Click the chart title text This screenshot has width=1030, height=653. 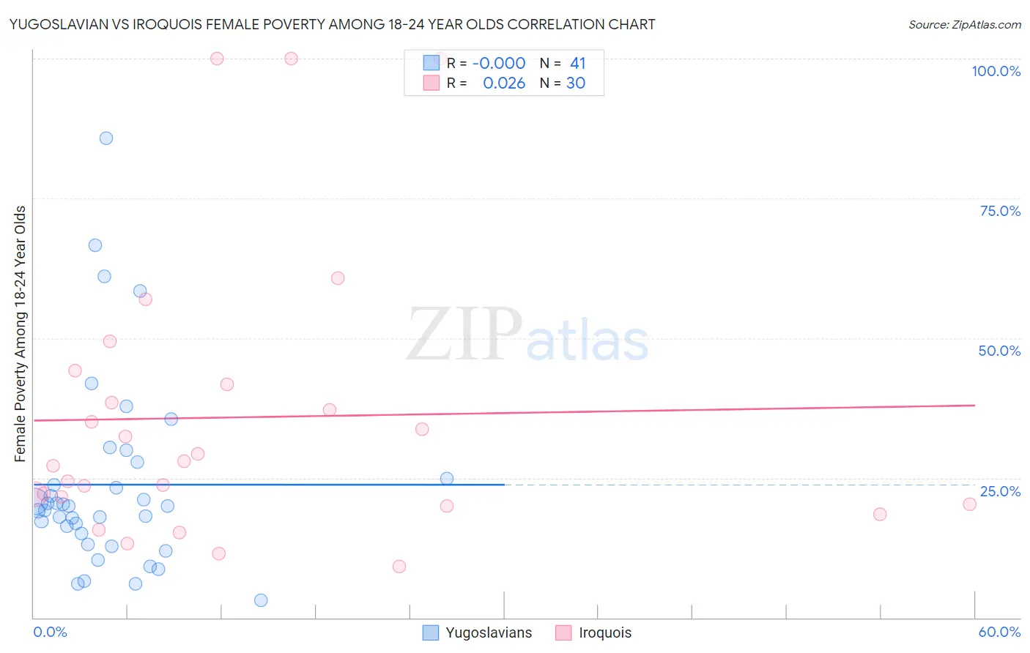tap(332, 24)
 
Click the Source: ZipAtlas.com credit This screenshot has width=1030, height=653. tap(964, 24)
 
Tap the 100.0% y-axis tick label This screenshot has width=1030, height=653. tap(996, 71)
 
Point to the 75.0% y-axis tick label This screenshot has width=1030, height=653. tap(1000, 211)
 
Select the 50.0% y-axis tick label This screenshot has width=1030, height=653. tap(999, 351)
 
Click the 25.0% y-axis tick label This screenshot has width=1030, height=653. tap(1000, 491)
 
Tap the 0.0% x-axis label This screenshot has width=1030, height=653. tap(50, 632)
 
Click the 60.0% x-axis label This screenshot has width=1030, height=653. tap(999, 632)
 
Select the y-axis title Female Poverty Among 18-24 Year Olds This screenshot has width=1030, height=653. tap(20, 334)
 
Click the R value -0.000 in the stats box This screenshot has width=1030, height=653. tap(499, 64)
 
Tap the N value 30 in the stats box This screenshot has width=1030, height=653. tap(576, 83)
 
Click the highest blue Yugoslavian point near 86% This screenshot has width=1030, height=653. tap(106, 138)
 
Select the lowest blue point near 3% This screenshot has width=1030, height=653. tap(261, 600)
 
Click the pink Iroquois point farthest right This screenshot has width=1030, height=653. tap(969, 504)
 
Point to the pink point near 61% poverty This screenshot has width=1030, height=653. tap(338, 278)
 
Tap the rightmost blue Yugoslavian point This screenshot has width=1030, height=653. tap(447, 479)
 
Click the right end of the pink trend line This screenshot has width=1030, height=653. tap(974, 405)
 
